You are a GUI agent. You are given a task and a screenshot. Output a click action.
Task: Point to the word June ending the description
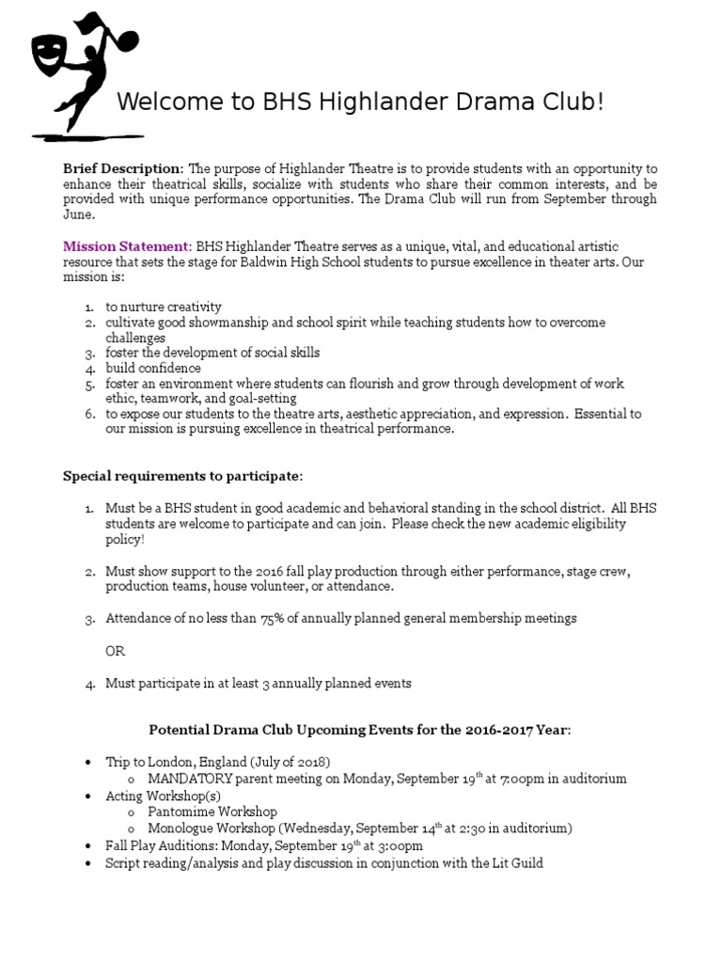pyautogui.click(x=79, y=214)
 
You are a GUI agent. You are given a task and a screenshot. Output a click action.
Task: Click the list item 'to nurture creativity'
pyautogui.click(x=164, y=308)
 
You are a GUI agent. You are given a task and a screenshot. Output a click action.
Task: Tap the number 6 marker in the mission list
pyautogui.click(x=89, y=415)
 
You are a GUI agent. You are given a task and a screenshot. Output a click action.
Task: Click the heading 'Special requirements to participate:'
pyautogui.click(x=183, y=476)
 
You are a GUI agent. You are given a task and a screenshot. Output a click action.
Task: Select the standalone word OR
pyautogui.click(x=115, y=651)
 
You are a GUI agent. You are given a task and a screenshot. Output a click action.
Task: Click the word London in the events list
pyautogui.click(x=166, y=762)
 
